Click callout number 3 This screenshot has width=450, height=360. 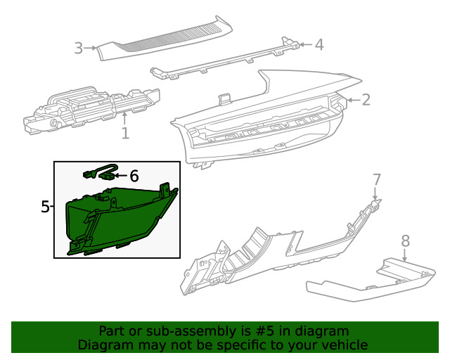click(78, 48)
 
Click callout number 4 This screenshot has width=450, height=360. click(319, 45)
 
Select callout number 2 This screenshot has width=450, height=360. click(366, 100)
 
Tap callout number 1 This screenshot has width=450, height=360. click(125, 133)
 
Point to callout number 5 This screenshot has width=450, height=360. click(45, 207)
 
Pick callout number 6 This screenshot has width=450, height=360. click(134, 176)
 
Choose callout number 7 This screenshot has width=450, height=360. click(377, 179)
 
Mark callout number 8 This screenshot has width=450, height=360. click(405, 241)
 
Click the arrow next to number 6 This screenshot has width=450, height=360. click(121, 176)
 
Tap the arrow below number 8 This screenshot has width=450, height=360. click(405, 255)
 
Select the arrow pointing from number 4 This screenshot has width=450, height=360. click(306, 45)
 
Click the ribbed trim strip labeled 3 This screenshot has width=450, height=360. click(164, 39)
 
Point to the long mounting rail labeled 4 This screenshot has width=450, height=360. click(225, 60)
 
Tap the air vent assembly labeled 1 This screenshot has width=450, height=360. click(91, 110)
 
